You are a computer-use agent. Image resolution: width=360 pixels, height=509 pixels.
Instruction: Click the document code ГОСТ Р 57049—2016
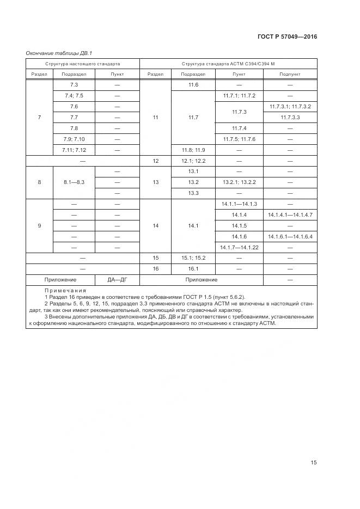click(287, 37)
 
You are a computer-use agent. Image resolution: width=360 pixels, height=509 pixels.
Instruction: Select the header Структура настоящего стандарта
click(83, 64)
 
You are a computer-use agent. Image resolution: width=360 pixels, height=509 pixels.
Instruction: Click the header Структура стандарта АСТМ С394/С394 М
click(228, 64)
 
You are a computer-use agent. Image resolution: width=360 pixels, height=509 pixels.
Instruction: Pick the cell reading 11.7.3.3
click(290, 117)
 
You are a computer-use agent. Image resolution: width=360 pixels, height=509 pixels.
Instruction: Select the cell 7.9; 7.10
click(75, 139)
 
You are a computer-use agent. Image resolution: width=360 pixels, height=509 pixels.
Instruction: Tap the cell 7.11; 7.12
click(75, 150)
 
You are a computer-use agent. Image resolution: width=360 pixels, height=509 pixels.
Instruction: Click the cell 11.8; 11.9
click(193, 150)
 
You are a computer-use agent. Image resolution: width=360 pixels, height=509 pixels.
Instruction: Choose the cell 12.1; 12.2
click(193, 161)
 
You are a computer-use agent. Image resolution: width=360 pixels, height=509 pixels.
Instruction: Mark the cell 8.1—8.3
click(75, 182)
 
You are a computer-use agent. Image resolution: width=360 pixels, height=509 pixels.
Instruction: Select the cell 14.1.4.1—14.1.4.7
click(290, 215)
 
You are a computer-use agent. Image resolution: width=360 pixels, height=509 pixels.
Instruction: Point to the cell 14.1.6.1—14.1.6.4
click(290, 237)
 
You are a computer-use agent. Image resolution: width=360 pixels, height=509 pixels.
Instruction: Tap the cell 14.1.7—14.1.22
click(239, 248)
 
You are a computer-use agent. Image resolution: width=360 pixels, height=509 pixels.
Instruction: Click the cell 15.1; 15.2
click(193, 258)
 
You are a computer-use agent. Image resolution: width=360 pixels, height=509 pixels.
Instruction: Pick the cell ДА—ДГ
click(117, 280)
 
